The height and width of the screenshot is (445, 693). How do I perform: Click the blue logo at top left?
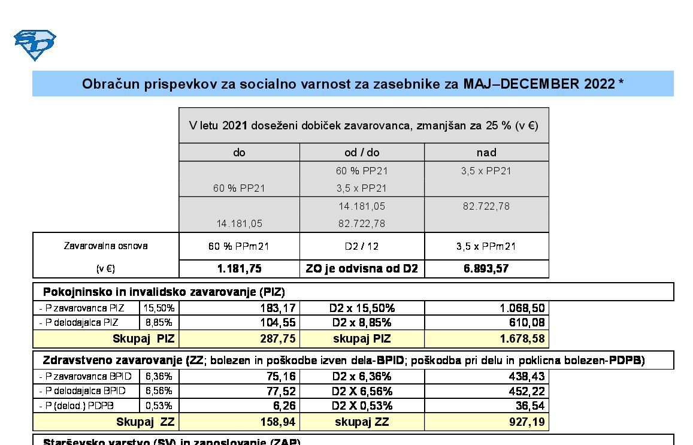point(35,45)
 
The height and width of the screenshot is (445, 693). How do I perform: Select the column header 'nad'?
point(486,153)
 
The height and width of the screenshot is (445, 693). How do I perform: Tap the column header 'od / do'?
point(362,153)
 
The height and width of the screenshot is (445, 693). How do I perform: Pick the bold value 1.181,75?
point(239,269)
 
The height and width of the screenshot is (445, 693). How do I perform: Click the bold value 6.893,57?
point(486,269)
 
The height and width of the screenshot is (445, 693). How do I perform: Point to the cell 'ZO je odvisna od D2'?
point(362,269)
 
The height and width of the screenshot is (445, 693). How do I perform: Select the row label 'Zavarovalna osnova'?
point(105,246)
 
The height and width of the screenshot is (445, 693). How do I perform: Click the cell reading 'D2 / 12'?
point(362,246)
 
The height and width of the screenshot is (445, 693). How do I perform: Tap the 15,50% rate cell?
point(159,308)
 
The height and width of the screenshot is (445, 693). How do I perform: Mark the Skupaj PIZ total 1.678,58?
point(522,339)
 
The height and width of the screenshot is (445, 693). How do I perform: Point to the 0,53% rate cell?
point(159,405)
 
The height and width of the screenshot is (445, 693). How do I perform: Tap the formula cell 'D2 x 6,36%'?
point(362,376)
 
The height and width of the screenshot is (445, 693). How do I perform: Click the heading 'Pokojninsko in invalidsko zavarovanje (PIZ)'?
point(164,292)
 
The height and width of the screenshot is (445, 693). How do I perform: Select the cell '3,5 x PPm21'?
point(486,246)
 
